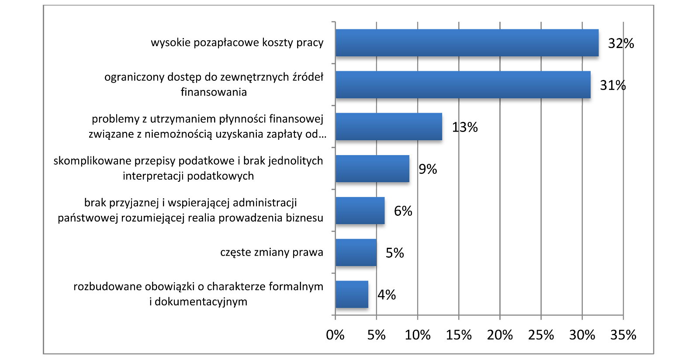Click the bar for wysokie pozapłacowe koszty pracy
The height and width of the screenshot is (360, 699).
467,43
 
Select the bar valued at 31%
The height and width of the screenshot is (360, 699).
463,85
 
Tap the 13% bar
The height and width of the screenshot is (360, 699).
388,127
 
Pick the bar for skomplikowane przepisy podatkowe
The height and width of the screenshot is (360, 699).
372,169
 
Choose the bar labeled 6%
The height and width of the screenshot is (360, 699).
360,211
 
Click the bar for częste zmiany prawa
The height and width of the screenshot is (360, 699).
356,253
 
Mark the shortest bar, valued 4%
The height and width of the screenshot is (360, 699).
352,294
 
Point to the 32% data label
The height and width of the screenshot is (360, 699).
621,43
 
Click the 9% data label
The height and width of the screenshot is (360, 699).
428,169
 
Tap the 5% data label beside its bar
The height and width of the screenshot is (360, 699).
394,253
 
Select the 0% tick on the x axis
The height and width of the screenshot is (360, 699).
335,335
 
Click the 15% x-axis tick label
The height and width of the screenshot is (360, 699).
459,335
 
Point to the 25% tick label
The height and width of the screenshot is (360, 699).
541,335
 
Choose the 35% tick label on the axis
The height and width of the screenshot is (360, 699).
623,335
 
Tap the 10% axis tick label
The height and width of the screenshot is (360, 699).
418,335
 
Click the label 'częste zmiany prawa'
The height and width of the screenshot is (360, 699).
272,253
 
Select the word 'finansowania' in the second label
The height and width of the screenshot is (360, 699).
214,92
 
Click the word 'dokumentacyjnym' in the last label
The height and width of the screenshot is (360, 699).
201,302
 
